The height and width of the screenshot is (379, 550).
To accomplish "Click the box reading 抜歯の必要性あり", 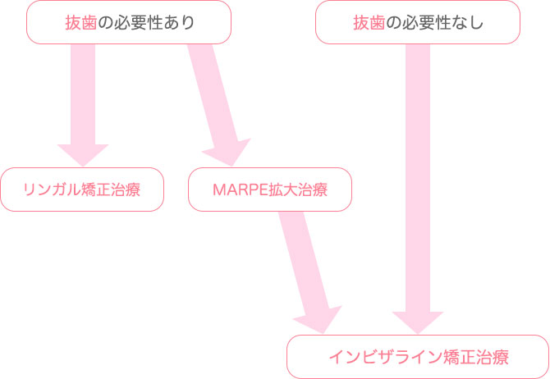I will (129, 22).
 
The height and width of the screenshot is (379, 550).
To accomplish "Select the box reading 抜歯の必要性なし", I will (418, 22).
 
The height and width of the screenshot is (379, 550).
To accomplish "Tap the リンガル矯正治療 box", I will (81, 189).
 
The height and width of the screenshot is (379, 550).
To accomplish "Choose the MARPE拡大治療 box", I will (270, 189).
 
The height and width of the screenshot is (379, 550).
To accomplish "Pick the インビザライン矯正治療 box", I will (418, 357).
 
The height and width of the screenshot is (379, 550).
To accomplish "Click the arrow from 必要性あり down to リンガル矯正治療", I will (82, 98).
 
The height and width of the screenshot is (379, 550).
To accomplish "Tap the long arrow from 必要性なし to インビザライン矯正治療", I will (418, 180).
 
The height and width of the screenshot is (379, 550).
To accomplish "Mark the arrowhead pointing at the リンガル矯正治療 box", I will (82, 153).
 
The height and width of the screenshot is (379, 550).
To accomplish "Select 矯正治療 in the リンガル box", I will (111, 190).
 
